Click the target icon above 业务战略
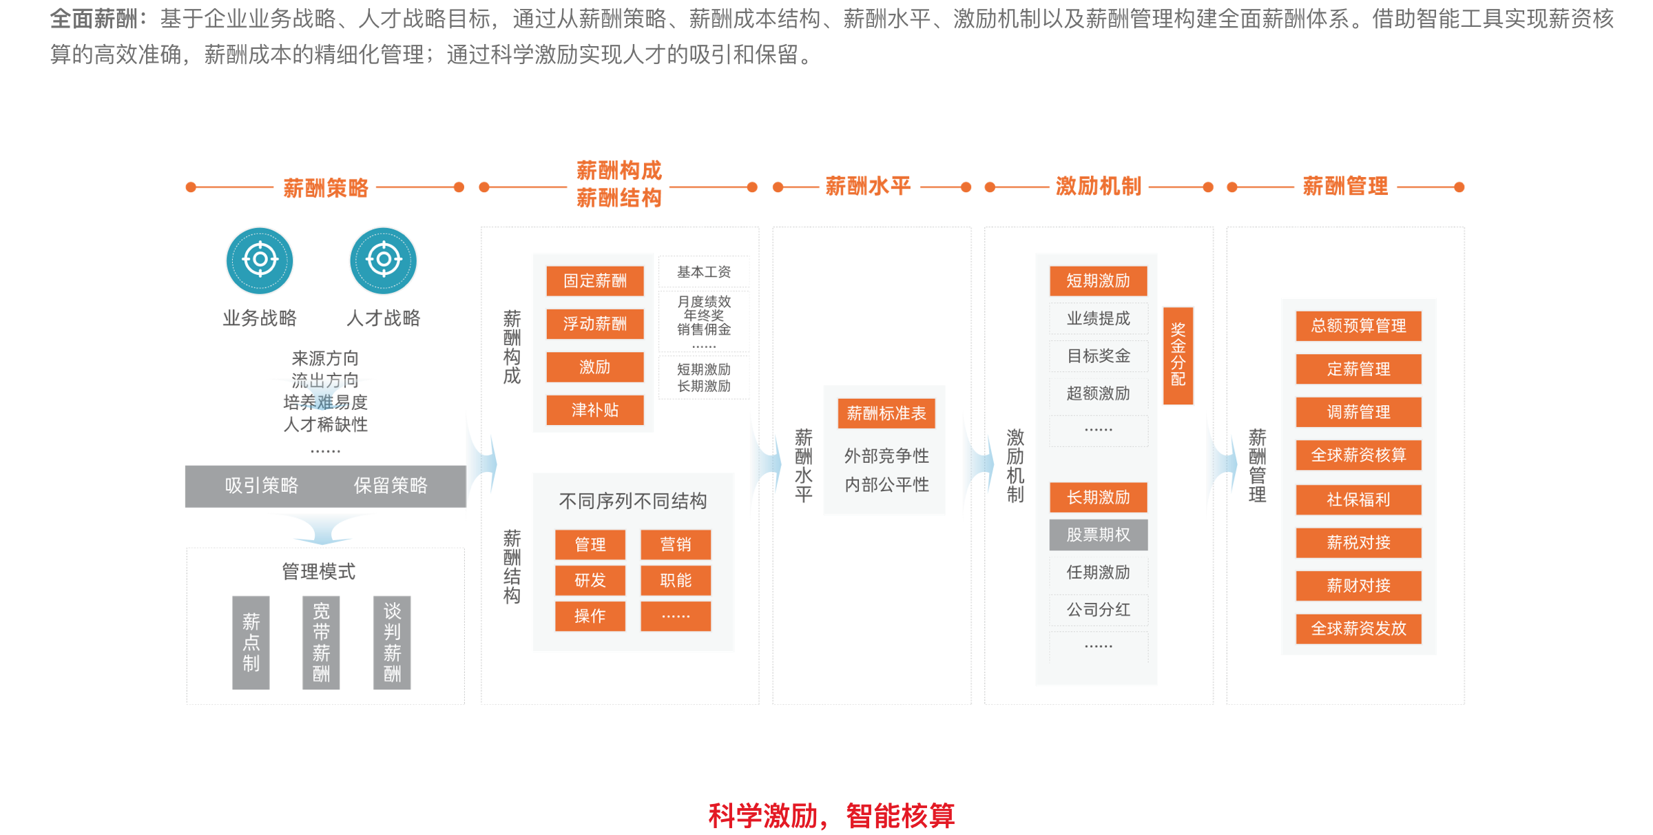[260, 260]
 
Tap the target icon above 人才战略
[384, 260]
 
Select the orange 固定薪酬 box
[595, 280]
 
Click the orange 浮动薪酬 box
[595, 324]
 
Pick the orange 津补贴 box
[595, 410]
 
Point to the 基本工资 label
[704, 272]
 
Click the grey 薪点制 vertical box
[251, 642]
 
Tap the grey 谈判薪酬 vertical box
[392, 642]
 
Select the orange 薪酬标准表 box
[886, 413]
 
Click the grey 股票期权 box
[1099, 535]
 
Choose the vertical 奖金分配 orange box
[1178, 355]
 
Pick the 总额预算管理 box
[1358, 326]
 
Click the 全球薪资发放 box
[1358, 628]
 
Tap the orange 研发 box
[590, 580]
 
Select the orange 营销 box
[676, 544]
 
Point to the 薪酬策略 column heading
[326, 187]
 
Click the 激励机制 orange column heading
[1099, 186]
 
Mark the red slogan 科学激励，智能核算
[831, 816]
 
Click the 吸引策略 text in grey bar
[262, 486]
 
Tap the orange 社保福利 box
[1358, 499]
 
